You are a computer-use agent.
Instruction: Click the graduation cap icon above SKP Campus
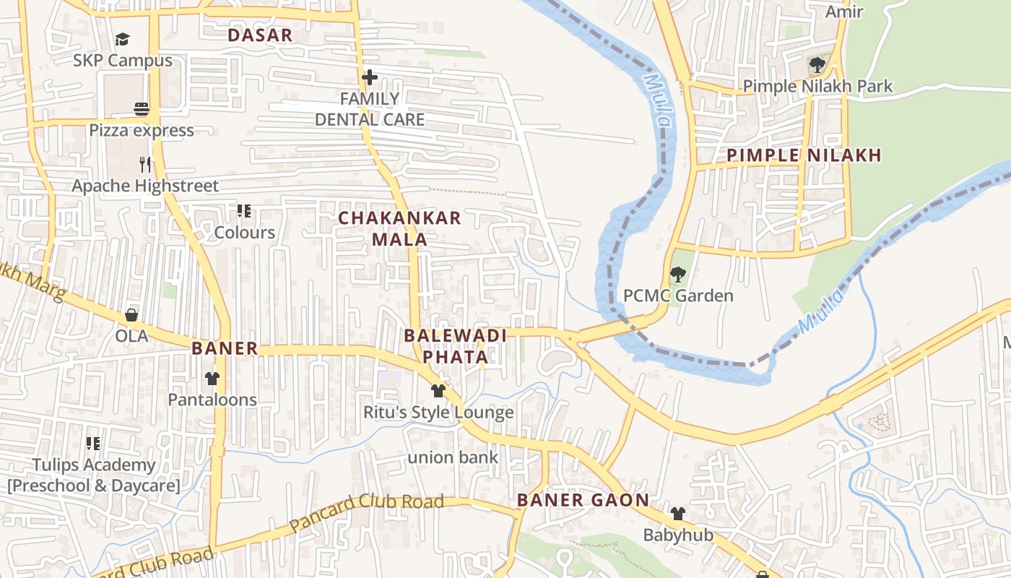[122, 39]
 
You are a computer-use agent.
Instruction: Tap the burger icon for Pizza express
[142, 109]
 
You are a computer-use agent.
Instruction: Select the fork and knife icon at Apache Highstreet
[145, 165]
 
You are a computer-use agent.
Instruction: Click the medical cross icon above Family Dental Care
[370, 77]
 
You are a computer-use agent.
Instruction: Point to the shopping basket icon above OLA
[131, 315]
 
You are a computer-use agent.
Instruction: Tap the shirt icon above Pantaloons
[212, 379]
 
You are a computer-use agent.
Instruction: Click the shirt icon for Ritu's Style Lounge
[438, 391]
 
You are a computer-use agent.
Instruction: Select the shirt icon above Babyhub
[677, 514]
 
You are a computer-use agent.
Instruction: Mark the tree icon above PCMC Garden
[677, 275]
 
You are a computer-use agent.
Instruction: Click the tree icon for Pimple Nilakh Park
[817, 65]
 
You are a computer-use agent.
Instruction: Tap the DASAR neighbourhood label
[260, 35]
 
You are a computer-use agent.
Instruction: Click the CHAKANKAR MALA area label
[399, 228]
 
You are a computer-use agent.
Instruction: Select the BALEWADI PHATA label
[455, 346]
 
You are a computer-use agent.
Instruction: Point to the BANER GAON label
[583, 500]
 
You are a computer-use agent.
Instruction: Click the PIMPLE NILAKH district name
[804, 155]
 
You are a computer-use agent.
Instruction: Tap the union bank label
[453, 457]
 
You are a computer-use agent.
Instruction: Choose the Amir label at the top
[844, 12]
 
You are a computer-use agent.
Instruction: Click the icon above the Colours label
[244, 211]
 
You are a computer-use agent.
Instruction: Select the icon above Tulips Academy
[92, 443]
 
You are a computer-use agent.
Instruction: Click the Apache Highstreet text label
[144, 186]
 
